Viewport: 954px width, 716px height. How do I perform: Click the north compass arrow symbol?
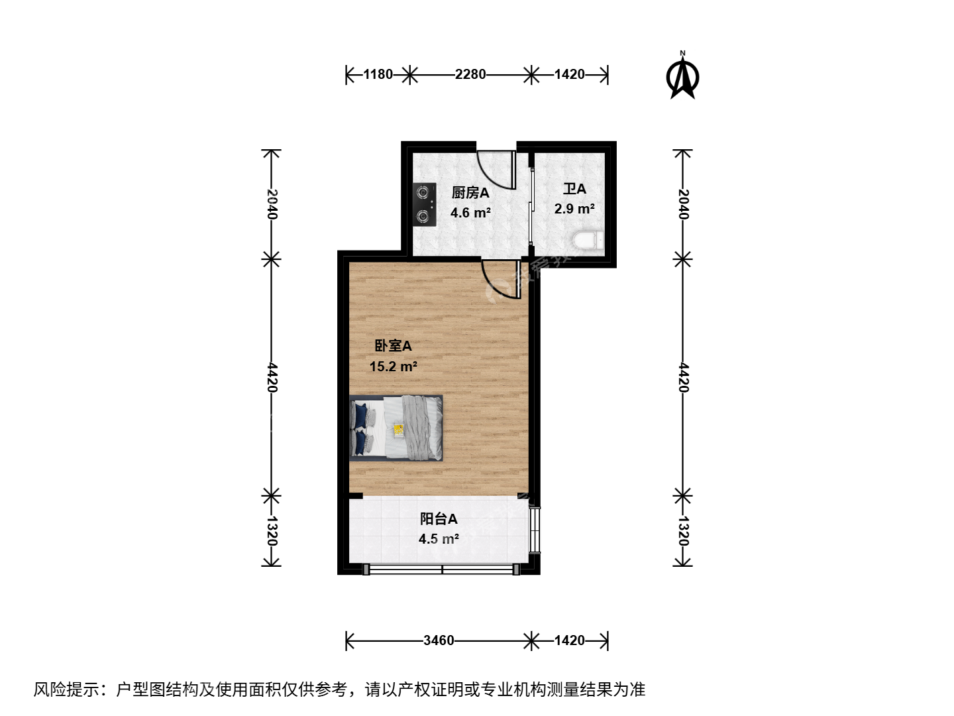click(682, 76)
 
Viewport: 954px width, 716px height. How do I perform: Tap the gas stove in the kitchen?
click(425, 204)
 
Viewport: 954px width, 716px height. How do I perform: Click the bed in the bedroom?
click(396, 428)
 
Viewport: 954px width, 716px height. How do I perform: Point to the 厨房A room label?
click(470, 192)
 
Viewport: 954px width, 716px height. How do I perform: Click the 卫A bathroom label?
click(574, 189)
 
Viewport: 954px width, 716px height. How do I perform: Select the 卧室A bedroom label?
click(393, 346)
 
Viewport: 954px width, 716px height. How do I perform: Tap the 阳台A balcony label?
click(439, 519)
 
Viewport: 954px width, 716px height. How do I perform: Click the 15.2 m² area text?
click(394, 367)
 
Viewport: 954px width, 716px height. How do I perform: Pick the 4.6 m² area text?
click(470, 213)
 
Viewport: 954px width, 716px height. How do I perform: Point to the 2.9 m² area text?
click(574, 209)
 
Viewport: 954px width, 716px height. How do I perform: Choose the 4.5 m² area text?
click(439, 539)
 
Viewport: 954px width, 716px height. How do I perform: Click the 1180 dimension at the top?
click(378, 74)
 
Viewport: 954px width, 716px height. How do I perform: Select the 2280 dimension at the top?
click(470, 74)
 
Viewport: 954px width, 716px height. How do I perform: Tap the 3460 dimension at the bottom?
click(439, 640)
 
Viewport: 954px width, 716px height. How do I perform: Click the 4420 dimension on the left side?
click(272, 377)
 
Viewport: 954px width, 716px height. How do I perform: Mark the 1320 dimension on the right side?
click(683, 531)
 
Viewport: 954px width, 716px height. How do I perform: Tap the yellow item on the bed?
click(398, 430)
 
